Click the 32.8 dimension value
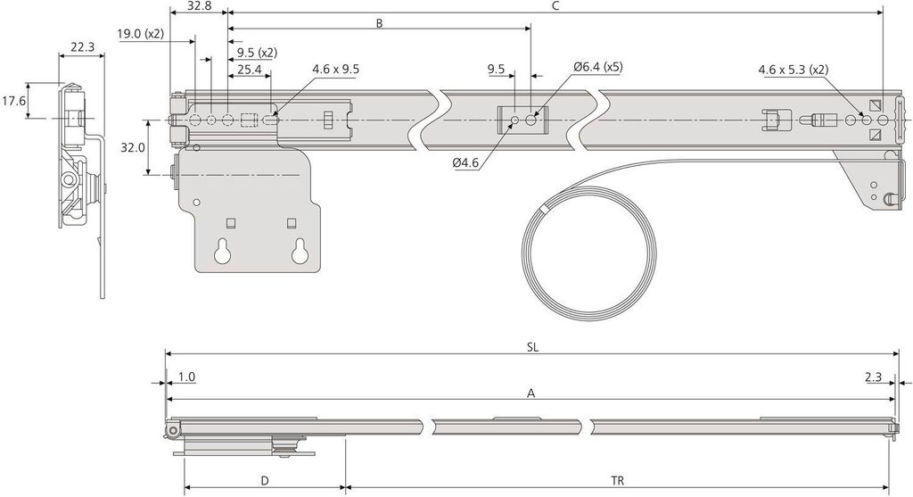point(200,6)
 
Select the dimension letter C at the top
point(555,6)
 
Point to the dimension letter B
point(379,23)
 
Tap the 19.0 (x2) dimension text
point(140,34)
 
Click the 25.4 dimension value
point(250,70)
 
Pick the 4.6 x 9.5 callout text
point(335,69)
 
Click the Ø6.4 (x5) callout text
point(597,66)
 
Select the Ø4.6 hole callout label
point(465,163)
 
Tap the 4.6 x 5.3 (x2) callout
point(793,70)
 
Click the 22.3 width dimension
point(82,47)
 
